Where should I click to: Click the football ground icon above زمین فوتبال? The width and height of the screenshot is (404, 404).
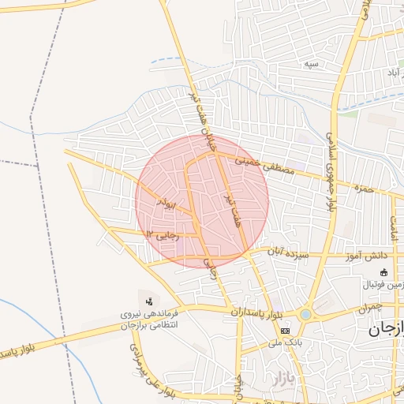pos(384,271)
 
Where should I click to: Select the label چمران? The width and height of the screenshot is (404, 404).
pos(368,307)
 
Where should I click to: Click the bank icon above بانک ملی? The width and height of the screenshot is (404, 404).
pos(285,331)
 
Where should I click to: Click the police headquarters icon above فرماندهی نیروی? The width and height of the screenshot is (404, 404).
pos(149,300)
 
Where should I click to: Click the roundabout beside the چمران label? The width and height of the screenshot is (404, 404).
pos(305,314)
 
